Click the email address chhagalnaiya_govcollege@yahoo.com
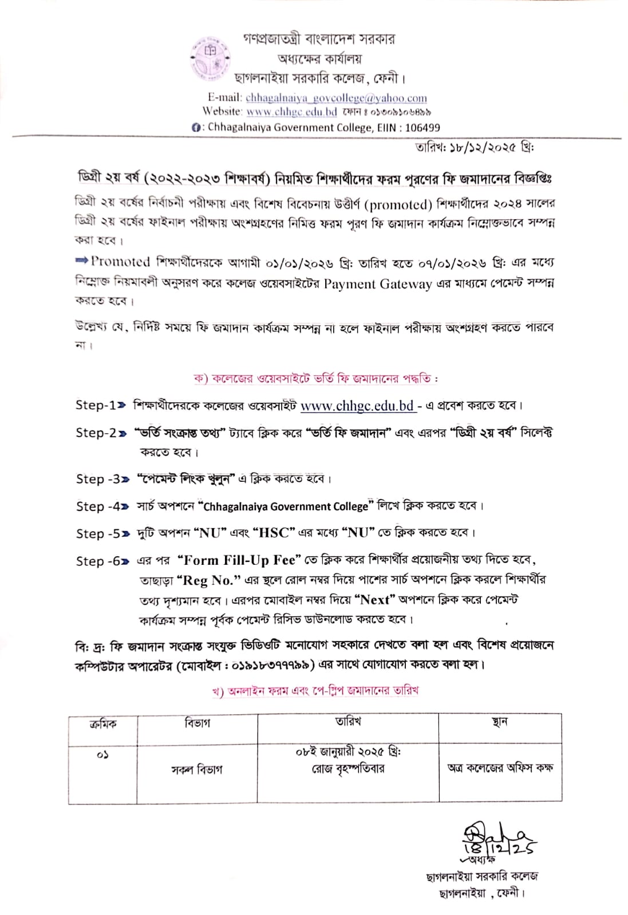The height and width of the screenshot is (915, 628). click(x=336, y=98)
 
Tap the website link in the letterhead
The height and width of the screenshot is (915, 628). click(x=291, y=112)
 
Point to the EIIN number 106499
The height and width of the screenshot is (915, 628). click(x=422, y=128)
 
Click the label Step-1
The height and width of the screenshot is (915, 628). click(x=96, y=405)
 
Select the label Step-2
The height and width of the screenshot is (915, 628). click(x=96, y=433)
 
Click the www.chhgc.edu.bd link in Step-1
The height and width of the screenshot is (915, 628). click(x=357, y=406)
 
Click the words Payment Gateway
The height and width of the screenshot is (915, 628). click(x=377, y=284)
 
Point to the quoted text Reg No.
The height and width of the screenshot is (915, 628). click(x=208, y=580)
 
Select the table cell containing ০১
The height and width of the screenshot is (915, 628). click(x=102, y=756)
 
